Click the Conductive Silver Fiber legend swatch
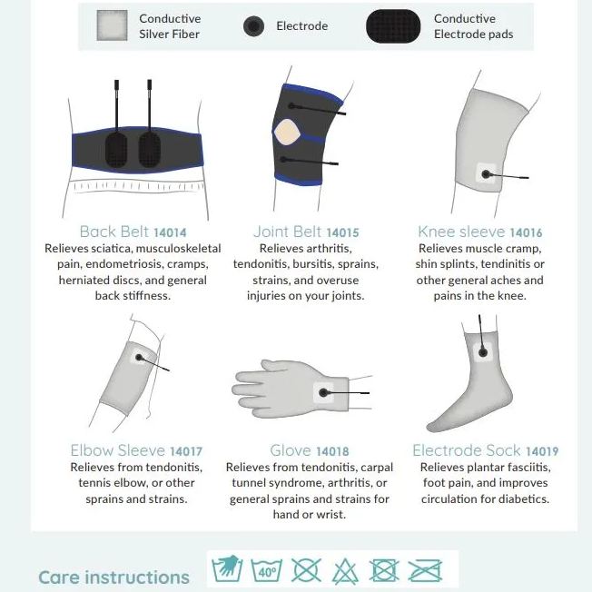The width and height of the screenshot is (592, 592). tap(113, 27)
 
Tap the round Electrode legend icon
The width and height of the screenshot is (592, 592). tap(253, 27)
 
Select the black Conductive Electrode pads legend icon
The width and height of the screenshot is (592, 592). tap(393, 27)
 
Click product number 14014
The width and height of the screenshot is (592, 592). tap(170, 232)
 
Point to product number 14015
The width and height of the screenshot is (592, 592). tap(342, 232)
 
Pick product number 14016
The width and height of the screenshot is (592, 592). tap(526, 232)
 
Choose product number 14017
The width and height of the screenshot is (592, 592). tap(185, 451)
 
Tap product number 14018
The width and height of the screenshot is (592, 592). tap(332, 451)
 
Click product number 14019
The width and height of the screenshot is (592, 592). tap(541, 451)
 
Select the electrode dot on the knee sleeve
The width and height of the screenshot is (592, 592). tap(484, 173)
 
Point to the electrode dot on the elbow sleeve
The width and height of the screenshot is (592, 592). tap(140, 358)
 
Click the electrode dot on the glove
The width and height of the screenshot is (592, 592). tap(324, 393)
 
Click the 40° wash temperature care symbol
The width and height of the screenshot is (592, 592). tap(266, 571)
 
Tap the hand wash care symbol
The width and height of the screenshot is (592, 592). tap(227, 570)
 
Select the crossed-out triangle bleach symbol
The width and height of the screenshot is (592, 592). tap(345, 571)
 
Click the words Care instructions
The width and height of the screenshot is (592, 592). tap(113, 577)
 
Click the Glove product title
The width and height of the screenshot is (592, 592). tap(291, 451)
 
